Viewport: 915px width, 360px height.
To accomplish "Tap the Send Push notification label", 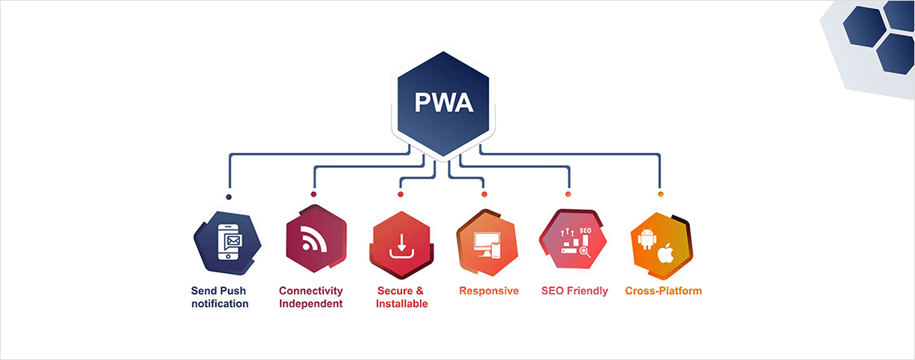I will coord(219,297).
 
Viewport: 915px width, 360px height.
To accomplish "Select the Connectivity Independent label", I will coord(310,297).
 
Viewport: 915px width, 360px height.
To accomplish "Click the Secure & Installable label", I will coord(401,297).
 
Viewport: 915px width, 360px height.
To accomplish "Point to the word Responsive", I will coord(488,291).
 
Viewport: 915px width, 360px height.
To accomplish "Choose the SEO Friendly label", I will coord(574,291).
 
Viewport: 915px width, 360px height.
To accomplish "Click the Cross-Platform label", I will coord(663,291).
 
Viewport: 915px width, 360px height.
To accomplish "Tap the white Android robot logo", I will coord(646,239).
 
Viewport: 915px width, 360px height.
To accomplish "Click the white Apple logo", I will coord(664,253).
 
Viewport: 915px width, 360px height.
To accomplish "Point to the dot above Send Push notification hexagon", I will coord(229,197).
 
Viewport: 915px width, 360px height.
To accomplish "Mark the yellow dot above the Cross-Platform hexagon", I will coord(661,194).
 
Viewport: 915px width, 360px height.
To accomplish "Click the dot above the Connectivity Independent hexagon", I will coord(313,194).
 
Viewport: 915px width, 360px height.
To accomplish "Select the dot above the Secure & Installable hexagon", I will coord(400,194).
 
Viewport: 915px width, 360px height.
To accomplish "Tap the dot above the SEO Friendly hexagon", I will coord(568,194).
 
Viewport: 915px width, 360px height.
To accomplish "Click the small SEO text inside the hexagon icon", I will coord(586,230).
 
